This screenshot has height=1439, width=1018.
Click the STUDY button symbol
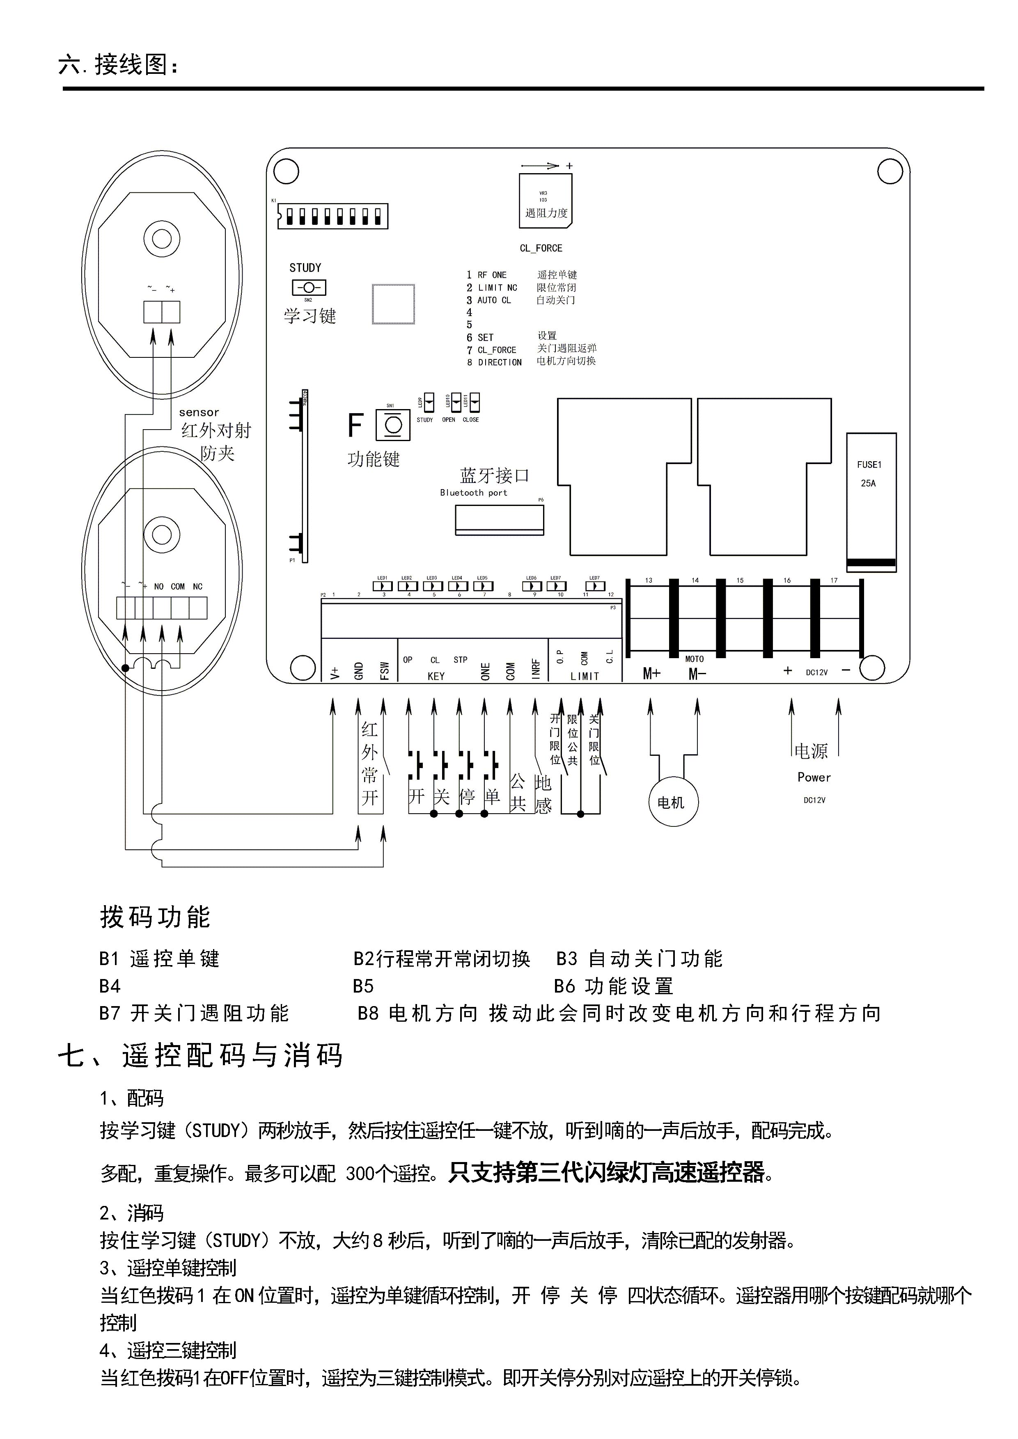pyautogui.click(x=308, y=288)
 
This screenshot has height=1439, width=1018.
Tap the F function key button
pyautogui.click(x=393, y=425)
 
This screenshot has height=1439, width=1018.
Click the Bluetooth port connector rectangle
pyautogui.click(x=499, y=519)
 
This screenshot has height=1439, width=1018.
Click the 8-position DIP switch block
pyautogui.click(x=332, y=216)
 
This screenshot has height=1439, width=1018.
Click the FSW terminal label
pyautogui.click(x=384, y=670)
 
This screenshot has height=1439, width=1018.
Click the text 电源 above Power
pyautogui.click(x=811, y=751)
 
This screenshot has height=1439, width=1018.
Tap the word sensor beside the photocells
pyautogui.click(x=199, y=412)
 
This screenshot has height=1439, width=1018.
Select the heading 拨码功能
pyautogui.click(x=155, y=917)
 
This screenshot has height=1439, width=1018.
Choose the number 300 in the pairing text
pyautogui.click(x=362, y=1173)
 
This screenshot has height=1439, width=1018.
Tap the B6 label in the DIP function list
pyautogui.click(x=564, y=986)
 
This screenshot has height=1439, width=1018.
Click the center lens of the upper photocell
pyautogui.click(x=162, y=239)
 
